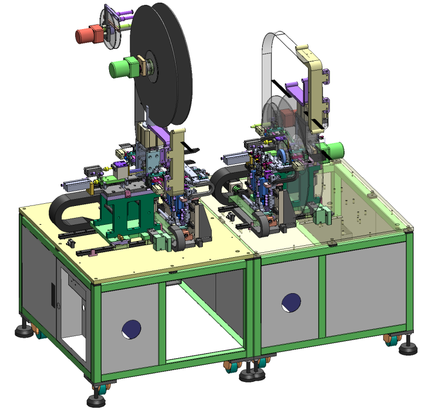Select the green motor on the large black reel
click(123, 68)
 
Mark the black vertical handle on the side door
click(53, 294)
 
